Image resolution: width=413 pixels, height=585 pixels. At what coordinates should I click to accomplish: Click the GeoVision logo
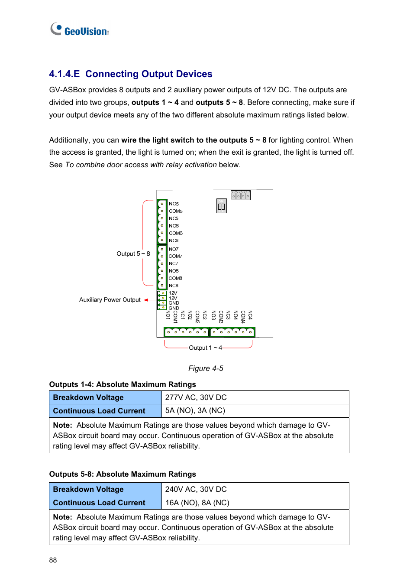click(80, 30)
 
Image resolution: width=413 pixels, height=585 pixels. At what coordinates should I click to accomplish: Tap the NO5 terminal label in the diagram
click(174, 204)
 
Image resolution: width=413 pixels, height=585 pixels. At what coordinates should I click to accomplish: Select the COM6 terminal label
click(175, 233)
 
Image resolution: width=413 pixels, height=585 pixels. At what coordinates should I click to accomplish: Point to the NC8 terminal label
click(173, 286)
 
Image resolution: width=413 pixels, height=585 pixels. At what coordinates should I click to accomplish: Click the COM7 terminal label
click(175, 256)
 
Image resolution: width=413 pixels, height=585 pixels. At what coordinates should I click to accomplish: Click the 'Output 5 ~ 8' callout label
click(133, 254)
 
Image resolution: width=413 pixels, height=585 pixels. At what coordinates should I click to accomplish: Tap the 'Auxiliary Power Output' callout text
click(110, 300)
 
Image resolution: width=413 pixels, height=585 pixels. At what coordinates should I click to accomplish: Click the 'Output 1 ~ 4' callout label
click(205, 348)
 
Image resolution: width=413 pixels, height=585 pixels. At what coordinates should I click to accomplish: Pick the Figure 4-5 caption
click(206, 368)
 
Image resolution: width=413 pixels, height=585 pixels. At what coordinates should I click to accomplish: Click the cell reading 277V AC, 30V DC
click(196, 397)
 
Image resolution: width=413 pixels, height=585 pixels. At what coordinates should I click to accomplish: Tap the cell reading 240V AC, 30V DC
click(196, 489)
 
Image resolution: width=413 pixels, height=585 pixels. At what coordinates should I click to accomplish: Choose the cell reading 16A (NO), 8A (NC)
click(197, 503)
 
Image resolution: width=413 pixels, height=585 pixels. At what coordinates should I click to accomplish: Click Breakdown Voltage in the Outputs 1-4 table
click(88, 397)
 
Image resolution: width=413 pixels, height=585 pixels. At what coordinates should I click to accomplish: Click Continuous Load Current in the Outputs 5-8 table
click(99, 503)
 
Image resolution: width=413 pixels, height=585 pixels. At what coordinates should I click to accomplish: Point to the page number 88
click(53, 560)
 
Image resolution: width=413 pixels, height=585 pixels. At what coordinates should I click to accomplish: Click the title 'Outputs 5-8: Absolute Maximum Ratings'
click(123, 474)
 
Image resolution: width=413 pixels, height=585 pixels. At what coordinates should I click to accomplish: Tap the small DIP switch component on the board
click(221, 206)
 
